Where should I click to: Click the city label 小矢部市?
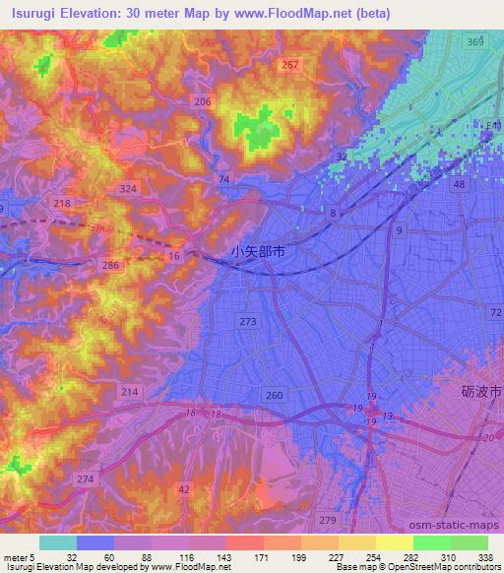pyautogui.click(x=259, y=252)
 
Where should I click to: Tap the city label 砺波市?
pyautogui.click(x=482, y=392)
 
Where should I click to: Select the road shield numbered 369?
pyautogui.click(x=475, y=41)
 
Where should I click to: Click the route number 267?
pyautogui.click(x=289, y=65)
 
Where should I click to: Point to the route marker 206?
pyautogui.click(x=204, y=102)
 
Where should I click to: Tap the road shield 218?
pyautogui.click(x=62, y=203)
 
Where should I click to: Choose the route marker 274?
pyautogui.click(x=87, y=477)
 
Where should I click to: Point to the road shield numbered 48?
pyautogui.click(x=459, y=184)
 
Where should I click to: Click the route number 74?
pyautogui.click(x=225, y=178)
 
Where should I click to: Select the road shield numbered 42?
pyautogui.click(x=183, y=488)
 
